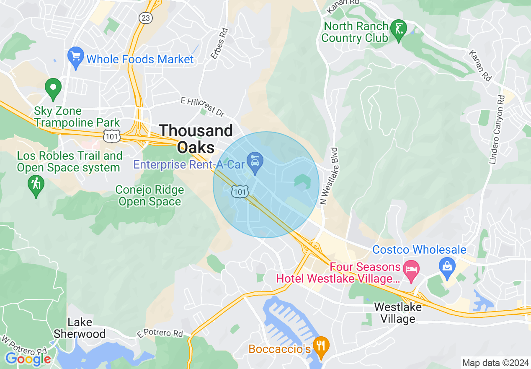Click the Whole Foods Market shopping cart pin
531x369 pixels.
click(76, 57)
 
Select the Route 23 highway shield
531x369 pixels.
click(146, 18)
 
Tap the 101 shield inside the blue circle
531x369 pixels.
click(240, 192)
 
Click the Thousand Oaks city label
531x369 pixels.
click(196, 139)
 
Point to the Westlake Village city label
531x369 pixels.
click(397, 313)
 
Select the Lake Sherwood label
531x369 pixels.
click(80, 328)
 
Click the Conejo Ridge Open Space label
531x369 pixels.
click(150, 196)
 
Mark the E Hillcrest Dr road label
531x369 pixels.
click(203, 107)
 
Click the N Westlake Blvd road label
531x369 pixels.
click(329, 176)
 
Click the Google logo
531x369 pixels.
click(28, 359)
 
